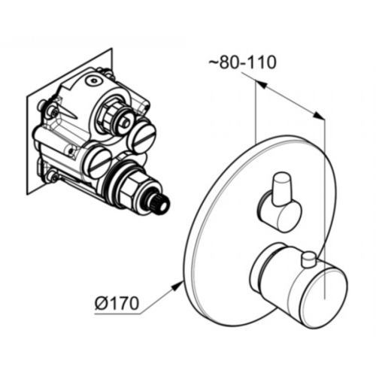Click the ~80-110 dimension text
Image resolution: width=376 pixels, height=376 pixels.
point(242,62)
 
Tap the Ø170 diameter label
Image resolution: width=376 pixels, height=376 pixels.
point(117,304)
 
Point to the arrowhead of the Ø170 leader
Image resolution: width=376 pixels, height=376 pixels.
point(177,287)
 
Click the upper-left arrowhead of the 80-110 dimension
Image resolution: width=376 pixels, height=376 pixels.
point(261,84)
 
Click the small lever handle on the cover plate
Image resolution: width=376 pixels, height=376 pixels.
point(281,187)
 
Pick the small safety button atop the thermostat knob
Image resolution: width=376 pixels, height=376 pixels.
point(309,260)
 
